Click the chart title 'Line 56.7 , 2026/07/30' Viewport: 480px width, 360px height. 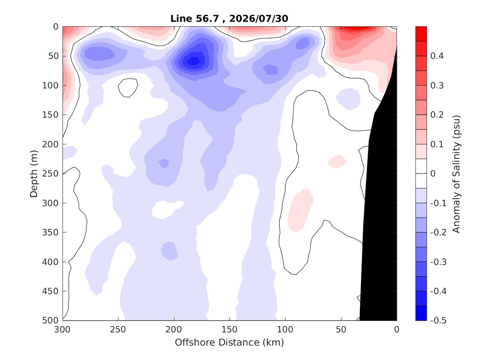tap(229, 19)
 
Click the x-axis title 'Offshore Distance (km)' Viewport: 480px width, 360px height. tap(229, 342)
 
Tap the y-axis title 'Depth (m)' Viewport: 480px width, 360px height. tap(34, 174)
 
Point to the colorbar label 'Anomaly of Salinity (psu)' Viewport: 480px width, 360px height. tap(456, 174)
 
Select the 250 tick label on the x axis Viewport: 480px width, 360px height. tap(118, 330)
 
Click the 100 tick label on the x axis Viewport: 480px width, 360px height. tap(285, 330)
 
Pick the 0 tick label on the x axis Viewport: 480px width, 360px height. tap(397, 330)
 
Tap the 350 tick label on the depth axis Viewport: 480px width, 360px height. tap(50, 232)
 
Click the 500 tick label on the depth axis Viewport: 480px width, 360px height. tap(50, 321)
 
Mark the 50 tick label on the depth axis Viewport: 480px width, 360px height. tap(53, 56)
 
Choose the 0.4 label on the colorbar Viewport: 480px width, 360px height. tap(437, 56)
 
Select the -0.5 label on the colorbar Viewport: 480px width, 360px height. tap(438, 321)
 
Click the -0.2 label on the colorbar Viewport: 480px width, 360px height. tap(438, 232)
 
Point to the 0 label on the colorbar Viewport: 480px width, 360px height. tap(433, 174)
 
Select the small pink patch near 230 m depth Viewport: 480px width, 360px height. tap(337, 161)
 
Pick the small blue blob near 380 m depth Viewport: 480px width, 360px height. tap(169, 251)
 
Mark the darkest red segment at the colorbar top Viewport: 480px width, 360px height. tap(421, 34)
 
